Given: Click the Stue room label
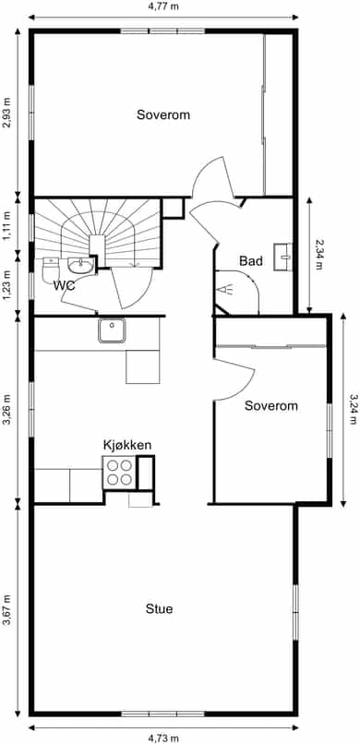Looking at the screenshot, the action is click(159, 609).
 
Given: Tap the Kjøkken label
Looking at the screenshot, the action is click(127, 445).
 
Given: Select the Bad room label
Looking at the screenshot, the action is click(251, 260).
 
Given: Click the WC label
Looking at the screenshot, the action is click(65, 285).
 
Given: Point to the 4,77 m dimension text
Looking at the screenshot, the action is click(163, 6).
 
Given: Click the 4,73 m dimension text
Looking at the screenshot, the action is click(163, 738).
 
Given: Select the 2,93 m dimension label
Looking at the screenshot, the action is click(6, 113).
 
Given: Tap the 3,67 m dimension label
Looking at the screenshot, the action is click(6, 610).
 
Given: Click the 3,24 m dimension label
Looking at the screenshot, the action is click(353, 409).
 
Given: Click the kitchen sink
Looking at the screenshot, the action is click(112, 330).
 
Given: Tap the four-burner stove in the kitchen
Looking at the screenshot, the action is click(119, 473).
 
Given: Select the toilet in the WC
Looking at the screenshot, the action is click(50, 270).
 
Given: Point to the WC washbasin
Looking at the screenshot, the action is click(80, 265).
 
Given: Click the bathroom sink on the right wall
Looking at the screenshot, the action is click(282, 257).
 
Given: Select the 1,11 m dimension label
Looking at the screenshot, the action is click(6, 226).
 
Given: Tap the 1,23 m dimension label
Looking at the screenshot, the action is click(6, 284).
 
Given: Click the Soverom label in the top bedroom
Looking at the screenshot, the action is click(163, 114).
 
